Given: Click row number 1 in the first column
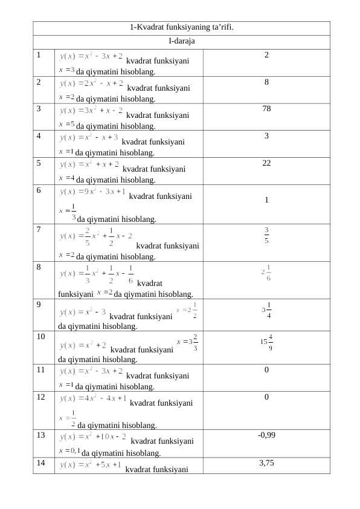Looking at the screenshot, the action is [x=38, y=55].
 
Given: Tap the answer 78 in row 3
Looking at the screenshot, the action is [x=266, y=109].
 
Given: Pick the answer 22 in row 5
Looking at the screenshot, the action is [x=266, y=163].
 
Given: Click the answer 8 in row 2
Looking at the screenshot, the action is [x=266, y=82].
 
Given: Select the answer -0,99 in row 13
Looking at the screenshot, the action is [x=266, y=435].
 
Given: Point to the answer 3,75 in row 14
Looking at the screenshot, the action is [x=266, y=462].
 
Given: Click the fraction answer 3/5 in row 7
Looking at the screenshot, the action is [x=266, y=233].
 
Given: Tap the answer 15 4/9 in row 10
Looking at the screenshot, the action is [x=266, y=342].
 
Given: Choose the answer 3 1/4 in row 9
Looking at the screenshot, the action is [x=266, y=310].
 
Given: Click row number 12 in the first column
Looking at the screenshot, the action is [x=40, y=397].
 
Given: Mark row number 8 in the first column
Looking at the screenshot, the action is [x=38, y=266].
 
